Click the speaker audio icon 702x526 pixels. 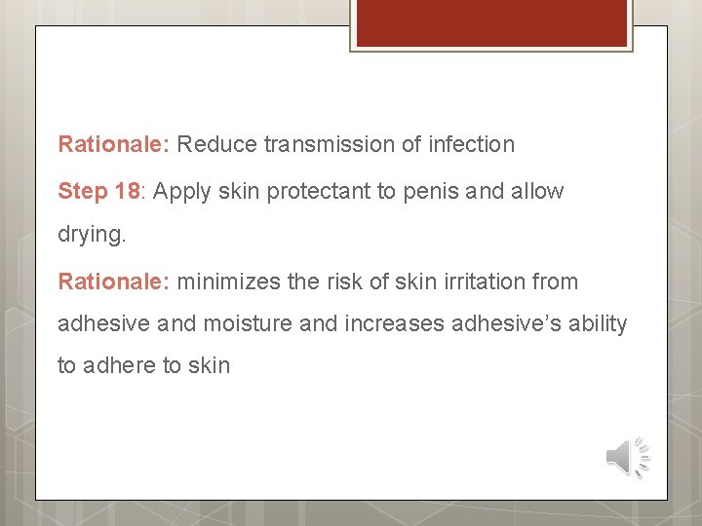[627, 455]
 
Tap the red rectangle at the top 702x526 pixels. [490, 22]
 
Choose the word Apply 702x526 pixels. [182, 192]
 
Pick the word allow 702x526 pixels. [535, 191]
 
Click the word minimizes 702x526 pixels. [227, 282]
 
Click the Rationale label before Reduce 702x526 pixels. [114, 145]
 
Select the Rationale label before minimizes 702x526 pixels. [114, 282]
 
